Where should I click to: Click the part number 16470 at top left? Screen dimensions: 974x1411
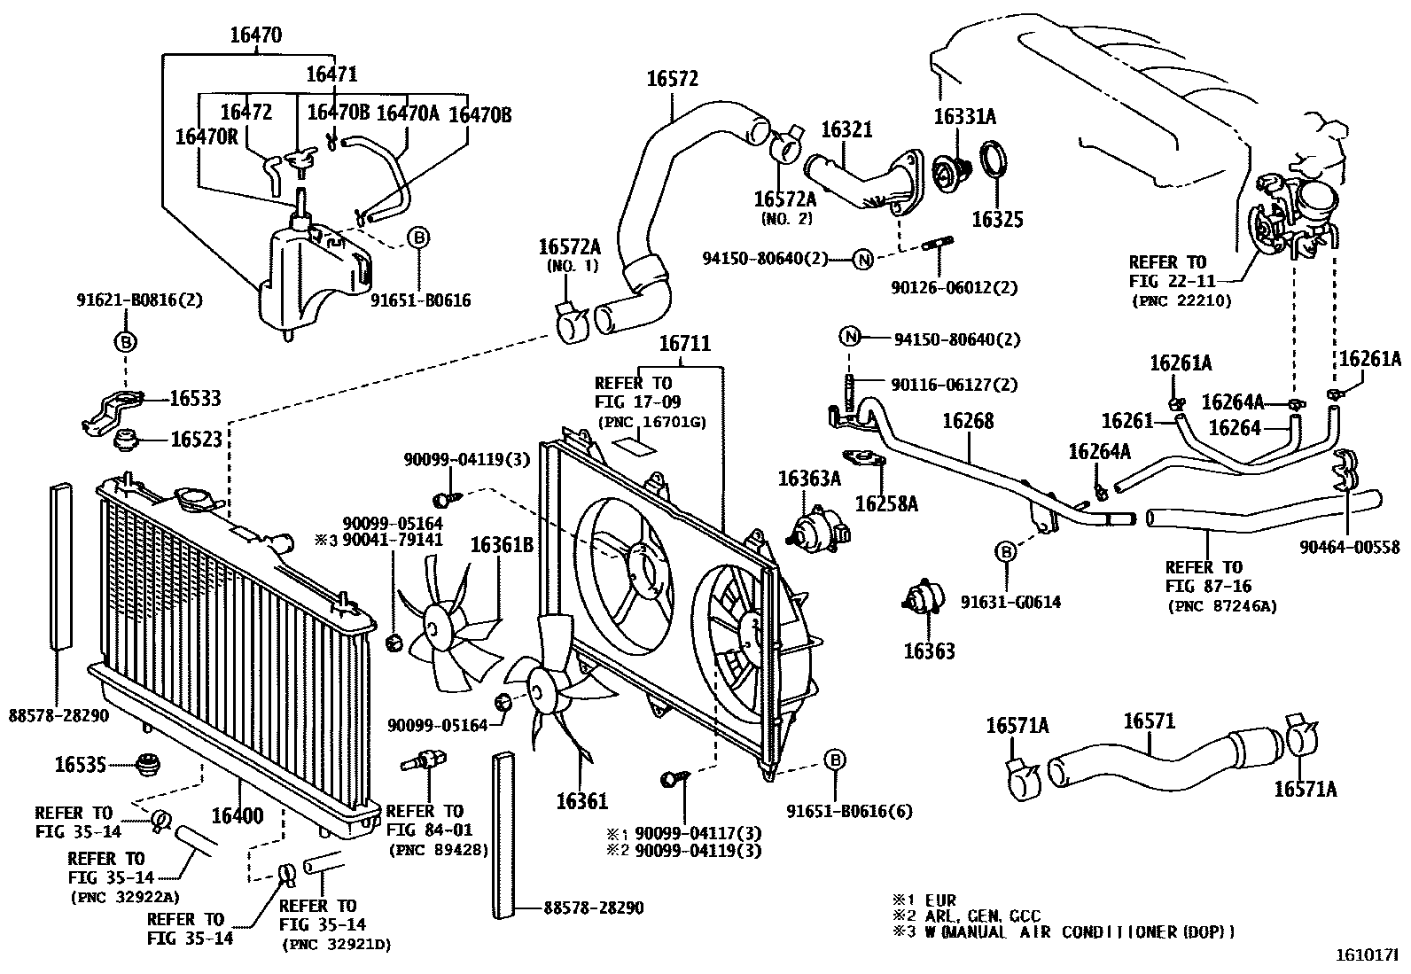tap(256, 35)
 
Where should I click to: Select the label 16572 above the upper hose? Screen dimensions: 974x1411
tap(672, 79)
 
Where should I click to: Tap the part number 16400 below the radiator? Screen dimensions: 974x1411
tap(237, 814)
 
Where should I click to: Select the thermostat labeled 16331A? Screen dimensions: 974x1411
tap(955, 166)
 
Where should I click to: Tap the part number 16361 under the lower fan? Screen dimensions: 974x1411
tap(582, 801)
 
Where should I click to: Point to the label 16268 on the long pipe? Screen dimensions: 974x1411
tap(968, 421)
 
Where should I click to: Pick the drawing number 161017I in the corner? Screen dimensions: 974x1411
tap(1370, 957)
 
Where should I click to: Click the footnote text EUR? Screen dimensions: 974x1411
tap(940, 900)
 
